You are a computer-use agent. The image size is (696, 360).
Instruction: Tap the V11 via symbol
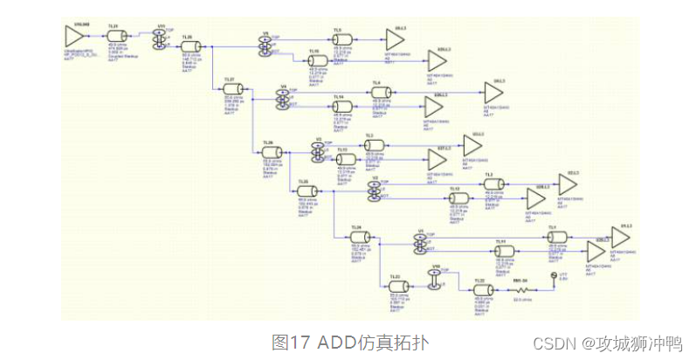[160, 37]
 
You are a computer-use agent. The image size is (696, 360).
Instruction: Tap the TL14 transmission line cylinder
[341, 105]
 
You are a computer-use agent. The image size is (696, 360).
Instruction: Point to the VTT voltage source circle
[552, 279]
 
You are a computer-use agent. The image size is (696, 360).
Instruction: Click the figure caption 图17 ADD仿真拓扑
[350, 340]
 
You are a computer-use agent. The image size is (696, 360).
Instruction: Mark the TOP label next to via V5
[276, 37]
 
